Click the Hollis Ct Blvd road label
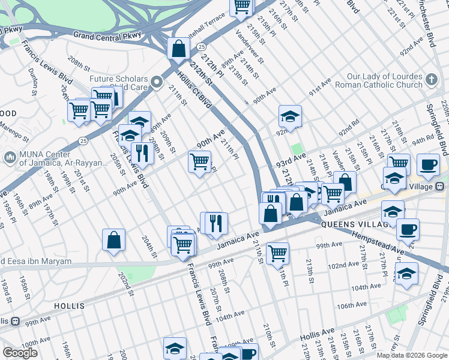(195, 90)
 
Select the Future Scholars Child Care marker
(157, 82)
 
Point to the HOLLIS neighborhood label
(69, 305)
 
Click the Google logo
(20, 353)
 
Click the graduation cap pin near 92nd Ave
(290, 116)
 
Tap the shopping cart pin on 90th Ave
(199, 161)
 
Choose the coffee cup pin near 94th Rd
(428, 164)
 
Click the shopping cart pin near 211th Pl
(277, 253)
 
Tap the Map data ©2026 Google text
(412, 355)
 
